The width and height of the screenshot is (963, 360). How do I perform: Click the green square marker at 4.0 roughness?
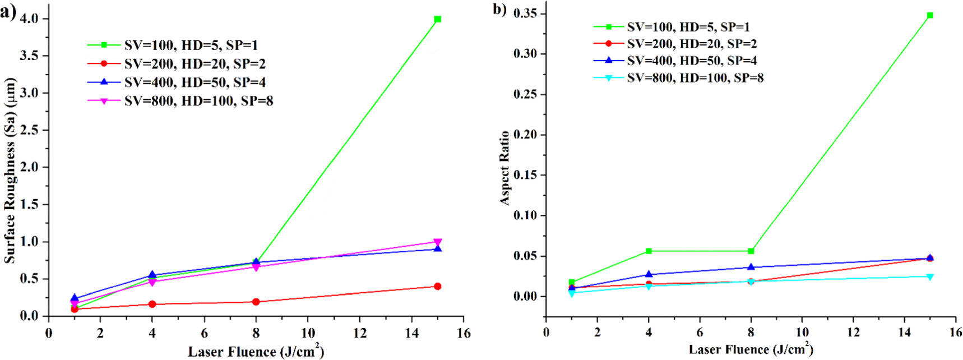coord(438,19)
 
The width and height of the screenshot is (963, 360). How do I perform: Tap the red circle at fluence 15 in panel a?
coord(438,287)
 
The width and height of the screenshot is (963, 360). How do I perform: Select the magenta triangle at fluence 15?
coord(438,242)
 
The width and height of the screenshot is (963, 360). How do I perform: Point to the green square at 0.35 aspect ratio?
coord(930,15)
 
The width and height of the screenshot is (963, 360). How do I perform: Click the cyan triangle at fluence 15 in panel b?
coord(930,277)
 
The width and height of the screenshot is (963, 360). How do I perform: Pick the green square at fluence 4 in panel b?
coord(649,251)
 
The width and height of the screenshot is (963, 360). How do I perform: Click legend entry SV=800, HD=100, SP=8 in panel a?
coord(198,101)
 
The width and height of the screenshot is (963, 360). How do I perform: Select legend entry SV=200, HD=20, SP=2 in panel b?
coord(692,44)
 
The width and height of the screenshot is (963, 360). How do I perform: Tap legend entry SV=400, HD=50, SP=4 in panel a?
coord(195,82)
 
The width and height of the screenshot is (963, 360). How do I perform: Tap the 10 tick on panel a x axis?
coord(308,333)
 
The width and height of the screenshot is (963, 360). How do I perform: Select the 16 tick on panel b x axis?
coord(955,332)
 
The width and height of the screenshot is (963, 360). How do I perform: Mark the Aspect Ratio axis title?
coord(504,168)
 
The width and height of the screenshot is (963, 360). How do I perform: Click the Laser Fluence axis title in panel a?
coord(256,352)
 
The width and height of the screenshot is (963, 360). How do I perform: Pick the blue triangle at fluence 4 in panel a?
coord(152,275)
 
